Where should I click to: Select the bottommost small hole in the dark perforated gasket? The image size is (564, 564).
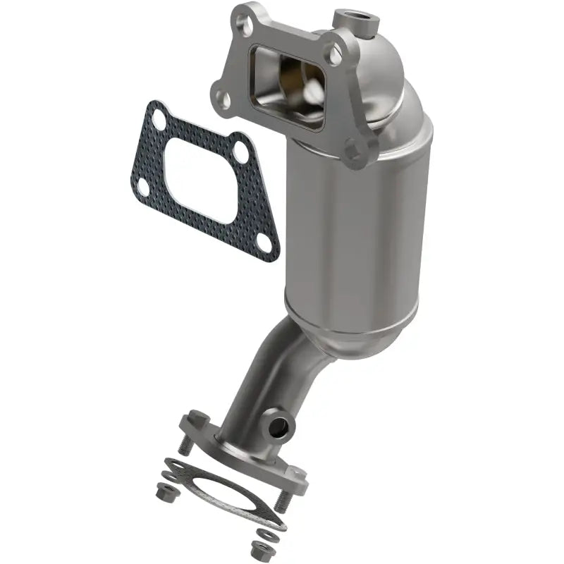[x=264, y=241]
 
